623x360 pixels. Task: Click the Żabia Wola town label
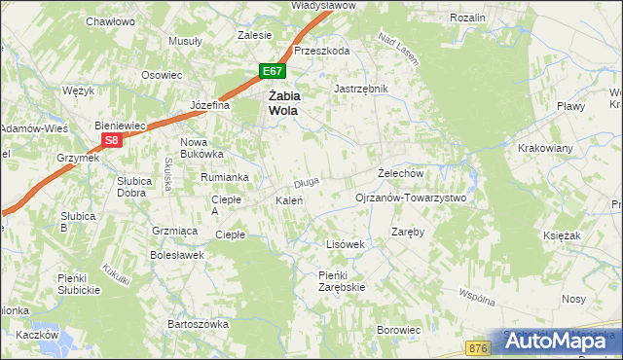(x=283, y=103)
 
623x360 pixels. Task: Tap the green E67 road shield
(x=273, y=71)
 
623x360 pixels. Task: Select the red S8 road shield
(x=112, y=140)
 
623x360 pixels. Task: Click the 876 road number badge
(x=477, y=347)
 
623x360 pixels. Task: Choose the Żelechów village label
(x=400, y=173)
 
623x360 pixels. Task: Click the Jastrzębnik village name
(x=361, y=89)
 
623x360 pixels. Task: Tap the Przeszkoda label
(x=322, y=52)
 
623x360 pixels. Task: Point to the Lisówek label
(x=345, y=244)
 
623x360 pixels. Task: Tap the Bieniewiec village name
(x=119, y=126)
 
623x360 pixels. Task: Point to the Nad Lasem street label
(x=397, y=51)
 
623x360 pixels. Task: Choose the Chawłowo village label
(x=110, y=20)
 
